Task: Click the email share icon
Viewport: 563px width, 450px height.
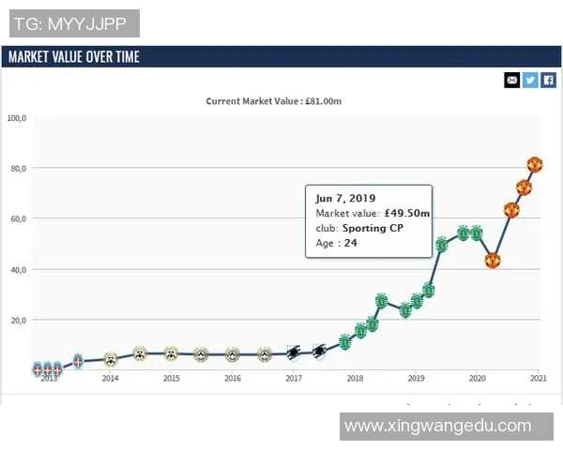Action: click(511, 80)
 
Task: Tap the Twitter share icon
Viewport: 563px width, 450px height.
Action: click(530, 80)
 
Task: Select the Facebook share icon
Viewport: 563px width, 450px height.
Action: click(549, 80)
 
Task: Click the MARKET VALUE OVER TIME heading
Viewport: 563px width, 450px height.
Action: click(74, 57)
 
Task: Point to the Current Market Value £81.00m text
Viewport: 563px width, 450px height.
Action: click(273, 101)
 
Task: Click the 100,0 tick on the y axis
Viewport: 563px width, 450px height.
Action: click(17, 118)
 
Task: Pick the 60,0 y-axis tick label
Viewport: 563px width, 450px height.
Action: click(17, 218)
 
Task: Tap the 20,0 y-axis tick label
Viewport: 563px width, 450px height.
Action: click(17, 320)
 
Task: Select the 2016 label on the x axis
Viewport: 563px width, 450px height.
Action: click(233, 379)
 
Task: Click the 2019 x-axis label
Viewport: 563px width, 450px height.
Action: click(416, 379)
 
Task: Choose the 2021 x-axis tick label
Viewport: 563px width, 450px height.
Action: click(538, 379)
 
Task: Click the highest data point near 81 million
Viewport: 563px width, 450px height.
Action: click(535, 165)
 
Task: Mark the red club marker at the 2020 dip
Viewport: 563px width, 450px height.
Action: click(492, 261)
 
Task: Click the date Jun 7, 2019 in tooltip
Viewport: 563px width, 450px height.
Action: click(345, 199)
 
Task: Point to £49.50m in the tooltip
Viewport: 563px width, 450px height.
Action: click(407, 214)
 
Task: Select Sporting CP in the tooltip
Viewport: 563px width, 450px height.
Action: click(373, 228)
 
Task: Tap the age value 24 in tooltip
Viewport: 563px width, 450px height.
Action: click(350, 243)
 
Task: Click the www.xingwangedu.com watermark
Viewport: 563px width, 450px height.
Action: click(438, 426)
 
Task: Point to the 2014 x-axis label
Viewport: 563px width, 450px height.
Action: click(110, 379)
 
